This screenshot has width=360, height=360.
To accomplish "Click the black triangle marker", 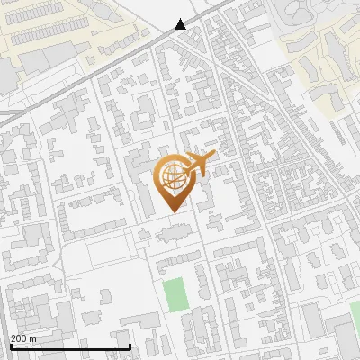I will [x=181, y=24].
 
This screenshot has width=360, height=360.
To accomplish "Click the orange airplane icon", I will [x=199, y=164].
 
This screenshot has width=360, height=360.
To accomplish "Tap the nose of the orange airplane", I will [x=213, y=154].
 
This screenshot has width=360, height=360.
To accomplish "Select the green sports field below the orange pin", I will [x=175, y=294].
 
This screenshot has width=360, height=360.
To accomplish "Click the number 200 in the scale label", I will [x=19, y=338].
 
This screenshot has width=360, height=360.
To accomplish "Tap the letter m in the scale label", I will [x=33, y=338].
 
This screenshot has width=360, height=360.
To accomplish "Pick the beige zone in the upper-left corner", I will [x=54, y=27].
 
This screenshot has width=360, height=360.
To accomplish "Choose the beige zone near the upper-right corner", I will [x=324, y=45].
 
